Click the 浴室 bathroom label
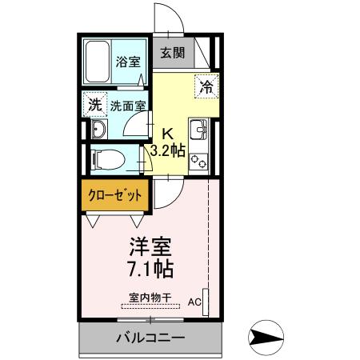pos(126,61)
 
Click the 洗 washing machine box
pos(96,105)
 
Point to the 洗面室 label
pos(127,106)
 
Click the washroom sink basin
pos(99,130)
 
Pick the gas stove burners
pos(198,161)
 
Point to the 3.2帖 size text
pos(168,150)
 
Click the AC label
pos(194,302)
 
